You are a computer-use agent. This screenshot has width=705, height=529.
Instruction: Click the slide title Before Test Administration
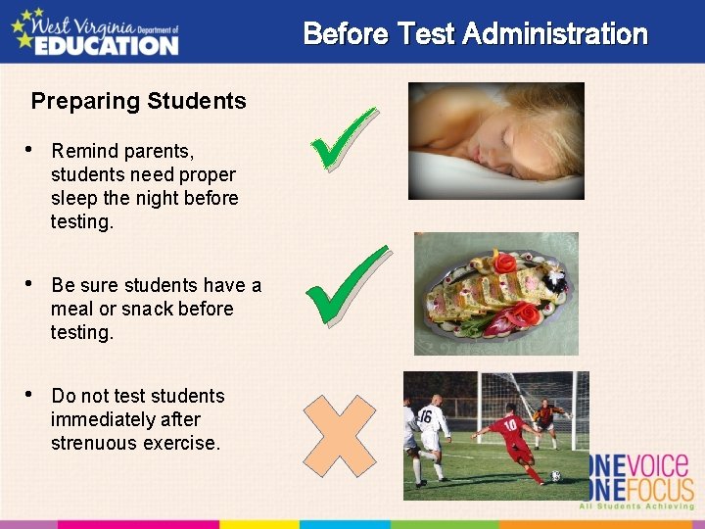[x=475, y=34]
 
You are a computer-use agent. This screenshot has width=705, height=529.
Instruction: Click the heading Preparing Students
[x=138, y=101]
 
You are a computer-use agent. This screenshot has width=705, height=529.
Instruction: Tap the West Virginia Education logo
[x=95, y=31]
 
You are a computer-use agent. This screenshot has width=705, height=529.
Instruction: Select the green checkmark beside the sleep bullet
[x=342, y=138]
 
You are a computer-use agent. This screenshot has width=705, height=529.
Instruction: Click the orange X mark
[x=339, y=435]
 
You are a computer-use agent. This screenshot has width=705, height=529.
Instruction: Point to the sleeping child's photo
[x=495, y=140]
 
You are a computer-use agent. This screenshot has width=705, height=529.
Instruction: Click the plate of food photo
[x=495, y=293]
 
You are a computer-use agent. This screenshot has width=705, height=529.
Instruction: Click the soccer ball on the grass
[x=555, y=476]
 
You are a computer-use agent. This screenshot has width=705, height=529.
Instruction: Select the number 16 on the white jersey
[x=424, y=415]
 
